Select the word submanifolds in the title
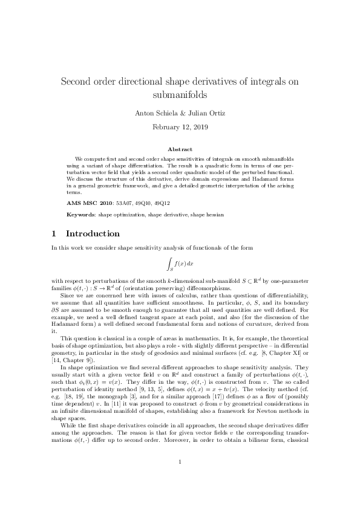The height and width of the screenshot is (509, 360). [180, 95]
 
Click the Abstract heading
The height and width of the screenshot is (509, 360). [180, 149]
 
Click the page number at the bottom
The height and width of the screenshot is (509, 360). [180, 479]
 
